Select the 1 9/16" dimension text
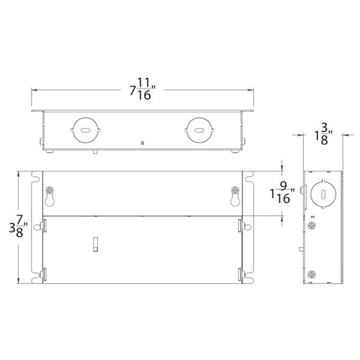[284, 194]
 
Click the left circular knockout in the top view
[84, 130]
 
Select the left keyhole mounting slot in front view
[52, 193]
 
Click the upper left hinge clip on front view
[45, 225]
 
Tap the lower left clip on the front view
[45, 274]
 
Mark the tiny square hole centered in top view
[143, 143]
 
